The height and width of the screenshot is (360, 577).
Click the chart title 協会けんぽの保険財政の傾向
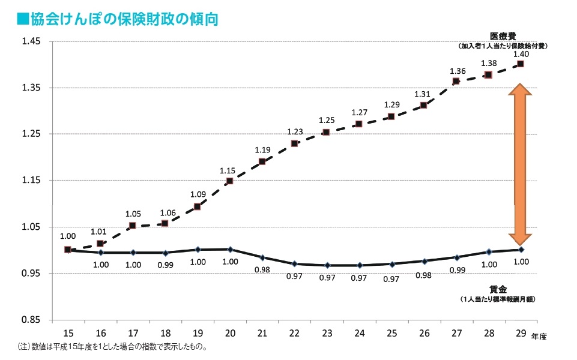click(117, 19)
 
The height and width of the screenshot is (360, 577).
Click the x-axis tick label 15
click(68, 333)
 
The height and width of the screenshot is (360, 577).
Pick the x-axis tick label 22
click(294, 333)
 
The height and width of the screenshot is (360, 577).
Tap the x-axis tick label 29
click(521, 333)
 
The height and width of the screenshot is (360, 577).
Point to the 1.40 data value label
click(521, 55)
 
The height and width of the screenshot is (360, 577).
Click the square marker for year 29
click(521, 64)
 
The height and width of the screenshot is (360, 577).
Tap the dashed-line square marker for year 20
click(230, 181)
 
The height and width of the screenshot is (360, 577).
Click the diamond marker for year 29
click(521, 250)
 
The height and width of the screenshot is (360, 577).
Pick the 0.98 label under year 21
click(262, 269)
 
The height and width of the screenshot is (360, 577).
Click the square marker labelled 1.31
click(424, 105)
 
